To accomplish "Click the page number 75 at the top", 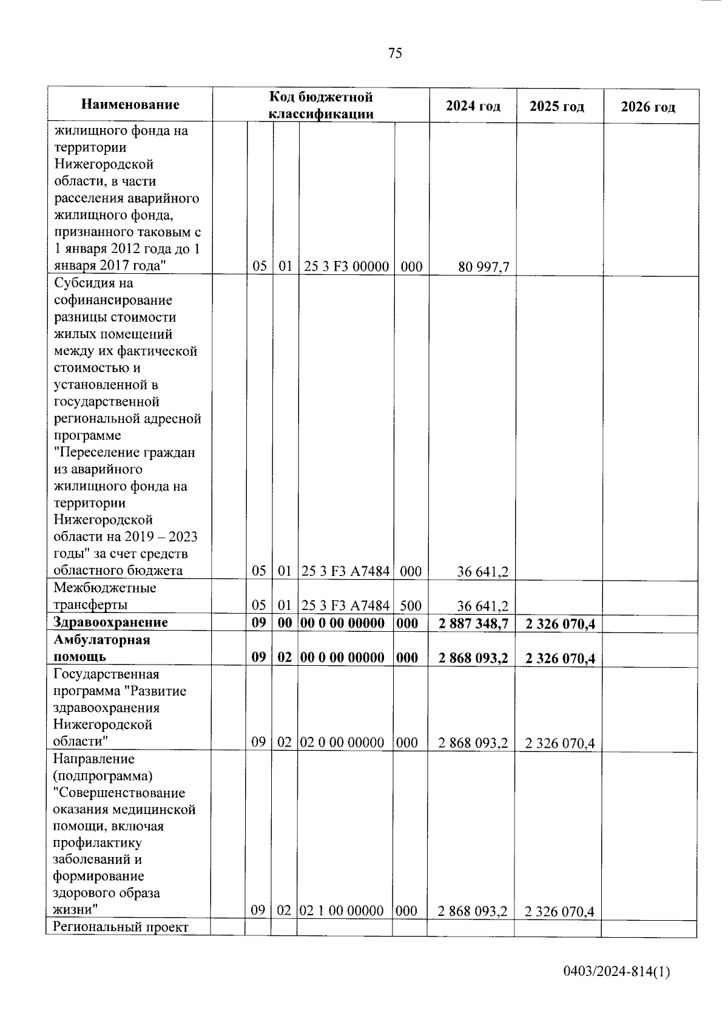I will point(394,53).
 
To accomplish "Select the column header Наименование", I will point(130,105).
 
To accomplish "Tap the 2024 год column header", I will point(473,106).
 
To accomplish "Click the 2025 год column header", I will point(557,107).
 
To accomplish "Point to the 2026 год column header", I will point(647,107).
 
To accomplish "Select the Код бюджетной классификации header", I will point(321,105).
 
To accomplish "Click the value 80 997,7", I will point(484,266).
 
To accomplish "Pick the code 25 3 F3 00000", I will point(346,266).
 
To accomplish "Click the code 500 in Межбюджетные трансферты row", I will point(411,605).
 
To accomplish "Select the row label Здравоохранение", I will point(110,622).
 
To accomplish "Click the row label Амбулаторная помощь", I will point(101,648).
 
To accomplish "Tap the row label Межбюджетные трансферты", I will point(104,596).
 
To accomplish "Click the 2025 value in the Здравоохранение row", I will point(559,623).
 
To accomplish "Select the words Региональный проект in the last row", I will point(121,927).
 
